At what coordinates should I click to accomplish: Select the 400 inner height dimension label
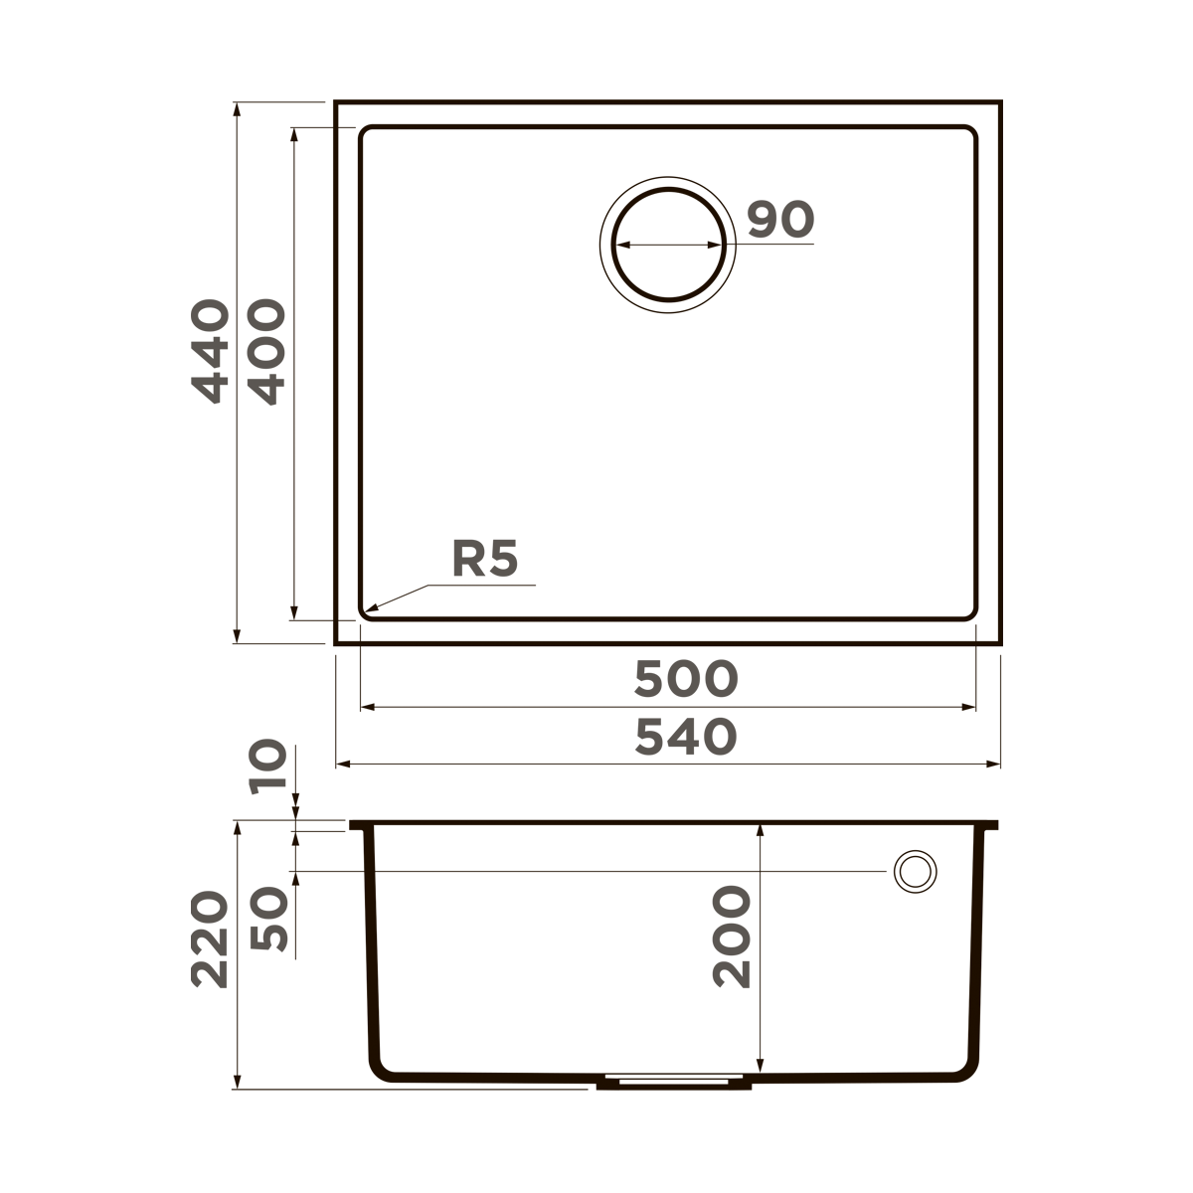pos(266,353)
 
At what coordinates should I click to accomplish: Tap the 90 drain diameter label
pos(780,220)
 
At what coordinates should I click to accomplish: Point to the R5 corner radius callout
pos(485,560)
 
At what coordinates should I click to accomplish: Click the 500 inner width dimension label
pos(686,679)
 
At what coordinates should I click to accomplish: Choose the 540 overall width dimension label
pos(686,737)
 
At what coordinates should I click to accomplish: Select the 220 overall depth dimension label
pos(211,939)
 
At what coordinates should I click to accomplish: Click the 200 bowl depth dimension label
pos(732,937)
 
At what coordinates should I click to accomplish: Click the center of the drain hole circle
pos(667,245)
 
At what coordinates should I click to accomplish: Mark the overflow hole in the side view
pos(915,871)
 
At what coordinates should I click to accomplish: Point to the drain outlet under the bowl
pos(672,1082)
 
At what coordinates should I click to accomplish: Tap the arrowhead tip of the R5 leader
pos(366,609)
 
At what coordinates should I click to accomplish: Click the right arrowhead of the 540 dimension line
pos(998,765)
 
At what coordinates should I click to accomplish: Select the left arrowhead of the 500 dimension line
pos(362,707)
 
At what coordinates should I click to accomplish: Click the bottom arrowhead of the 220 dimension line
pos(237,1086)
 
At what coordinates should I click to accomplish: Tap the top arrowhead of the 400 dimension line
pos(294,130)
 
